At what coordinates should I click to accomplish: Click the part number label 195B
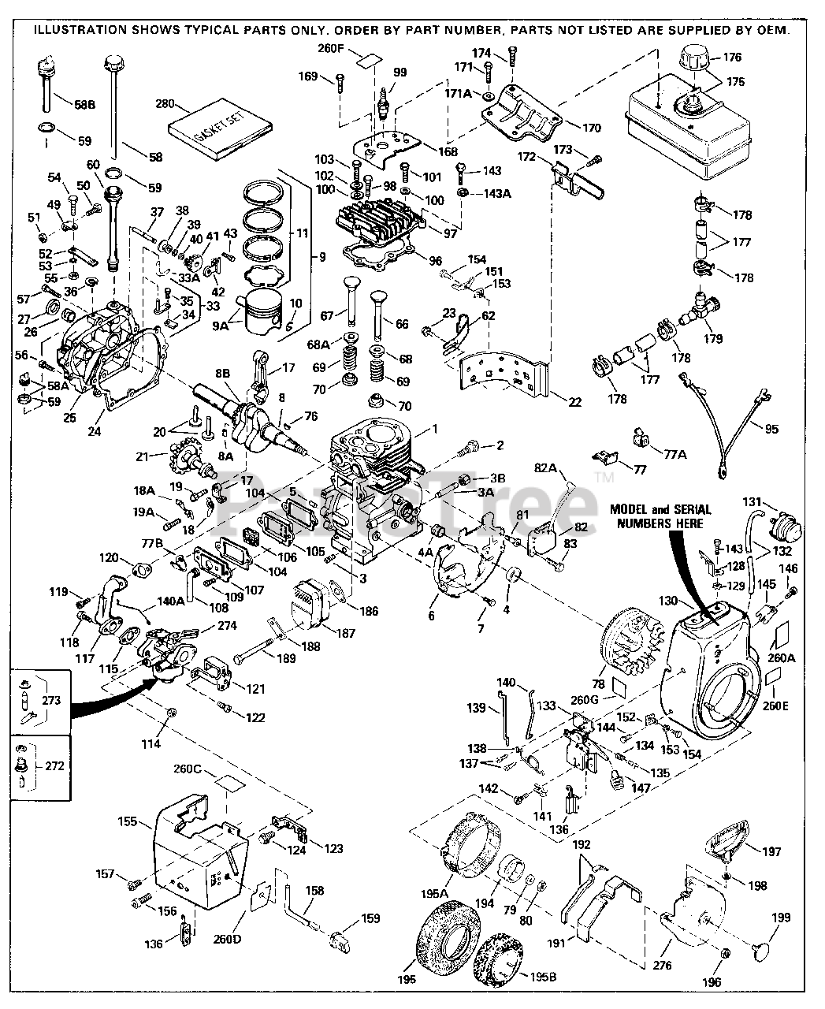[544, 977]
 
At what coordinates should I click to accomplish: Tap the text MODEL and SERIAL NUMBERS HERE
[660, 516]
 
